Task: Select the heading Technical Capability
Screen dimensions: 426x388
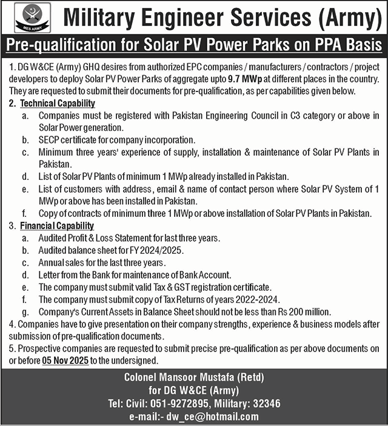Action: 57,104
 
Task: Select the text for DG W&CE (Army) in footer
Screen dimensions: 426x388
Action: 194,391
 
